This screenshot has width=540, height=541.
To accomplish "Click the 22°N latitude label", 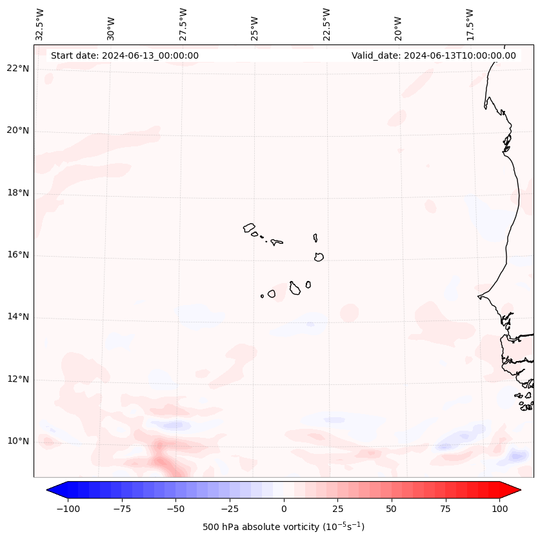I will pos(18,68).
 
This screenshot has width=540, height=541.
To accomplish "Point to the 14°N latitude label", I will pos(18,317).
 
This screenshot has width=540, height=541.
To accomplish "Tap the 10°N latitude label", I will pos(18,441).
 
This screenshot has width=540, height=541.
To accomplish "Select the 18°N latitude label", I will pos(18,193).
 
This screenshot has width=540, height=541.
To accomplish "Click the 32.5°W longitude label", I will pos(40,25).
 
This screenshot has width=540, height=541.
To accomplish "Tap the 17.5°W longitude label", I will pos(470,25).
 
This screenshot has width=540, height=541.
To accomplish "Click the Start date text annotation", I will pos(125,55).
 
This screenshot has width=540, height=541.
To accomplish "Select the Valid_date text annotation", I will pos(434,55).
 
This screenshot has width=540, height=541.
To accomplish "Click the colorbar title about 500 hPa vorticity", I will pos(283,527).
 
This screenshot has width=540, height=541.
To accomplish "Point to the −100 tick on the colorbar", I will pos(68,509).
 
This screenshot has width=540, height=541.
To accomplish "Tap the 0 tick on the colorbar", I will pos(284,509).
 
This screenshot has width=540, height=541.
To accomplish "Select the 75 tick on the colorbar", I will pos(446,509).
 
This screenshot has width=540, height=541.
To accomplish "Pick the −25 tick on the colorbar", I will pos(230,509).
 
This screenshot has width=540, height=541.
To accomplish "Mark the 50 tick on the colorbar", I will pos(392,509).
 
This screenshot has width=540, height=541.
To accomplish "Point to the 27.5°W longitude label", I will pos(183,25).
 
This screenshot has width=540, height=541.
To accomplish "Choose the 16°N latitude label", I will pos(18,255).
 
